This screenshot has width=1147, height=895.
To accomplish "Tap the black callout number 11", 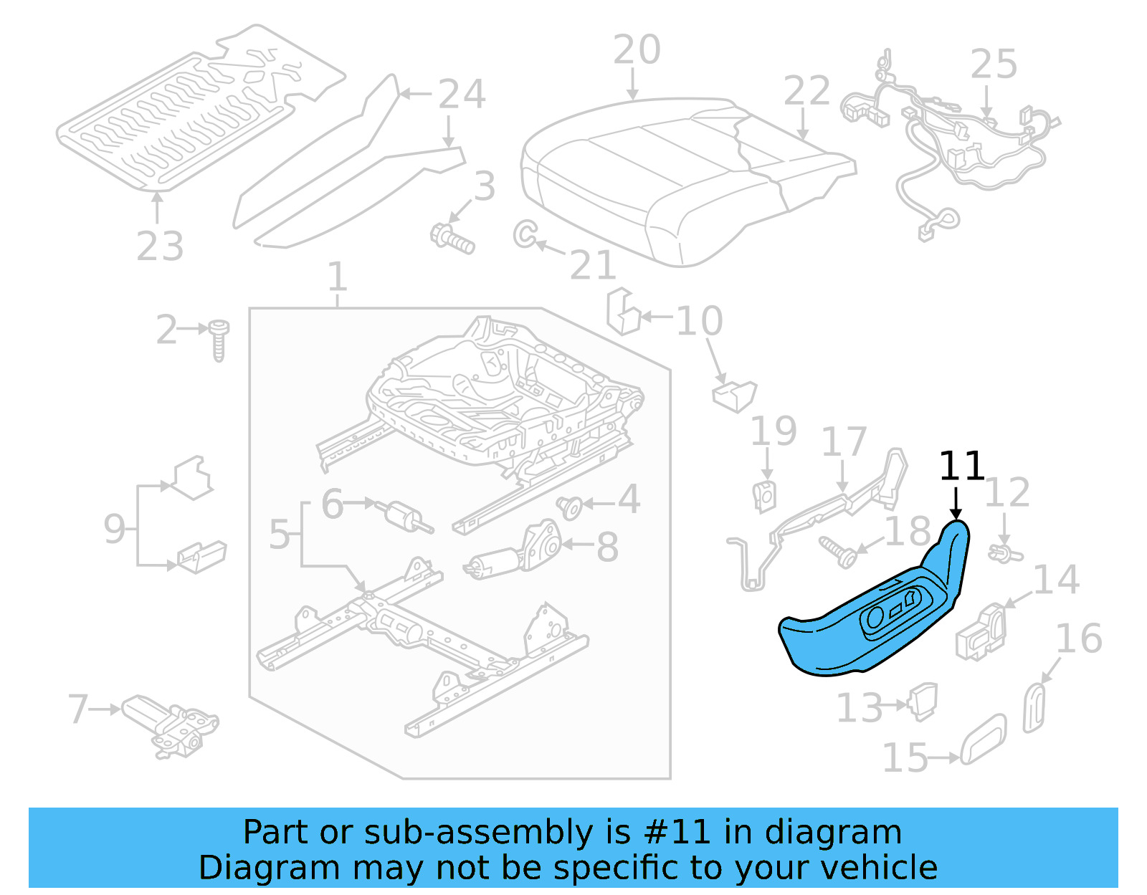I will (961, 466).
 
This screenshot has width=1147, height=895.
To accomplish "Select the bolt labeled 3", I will (452, 239).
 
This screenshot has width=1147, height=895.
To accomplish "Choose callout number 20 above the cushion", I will (637, 50).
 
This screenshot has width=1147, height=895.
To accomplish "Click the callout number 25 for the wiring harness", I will (994, 64).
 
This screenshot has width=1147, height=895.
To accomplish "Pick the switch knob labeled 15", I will (983, 739).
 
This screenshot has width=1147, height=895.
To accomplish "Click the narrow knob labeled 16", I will (1034, 707).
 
